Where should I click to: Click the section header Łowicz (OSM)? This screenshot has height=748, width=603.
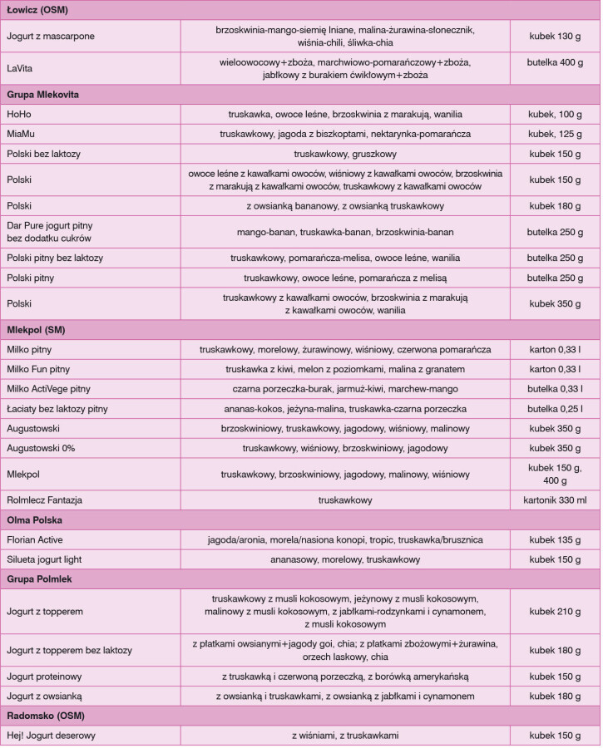[37, 10]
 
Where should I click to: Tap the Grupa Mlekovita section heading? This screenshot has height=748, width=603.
[42, 95]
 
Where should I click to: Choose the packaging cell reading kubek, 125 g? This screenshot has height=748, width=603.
[556, 134]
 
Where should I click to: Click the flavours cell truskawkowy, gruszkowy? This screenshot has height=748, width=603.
[345, 154]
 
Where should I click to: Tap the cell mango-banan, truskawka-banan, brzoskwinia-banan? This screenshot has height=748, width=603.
[345, 232]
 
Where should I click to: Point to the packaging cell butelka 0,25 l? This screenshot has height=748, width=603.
[556, 409]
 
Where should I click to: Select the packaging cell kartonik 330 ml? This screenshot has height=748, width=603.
[556, 500]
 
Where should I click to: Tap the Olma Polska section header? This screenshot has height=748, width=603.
[35, 520]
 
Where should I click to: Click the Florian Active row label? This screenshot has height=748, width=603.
[36, 539]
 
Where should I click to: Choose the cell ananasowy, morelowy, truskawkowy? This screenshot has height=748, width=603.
[345, 559]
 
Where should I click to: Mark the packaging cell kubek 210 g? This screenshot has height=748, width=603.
[556, 611]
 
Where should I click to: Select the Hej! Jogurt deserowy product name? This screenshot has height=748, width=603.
[52, 736]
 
